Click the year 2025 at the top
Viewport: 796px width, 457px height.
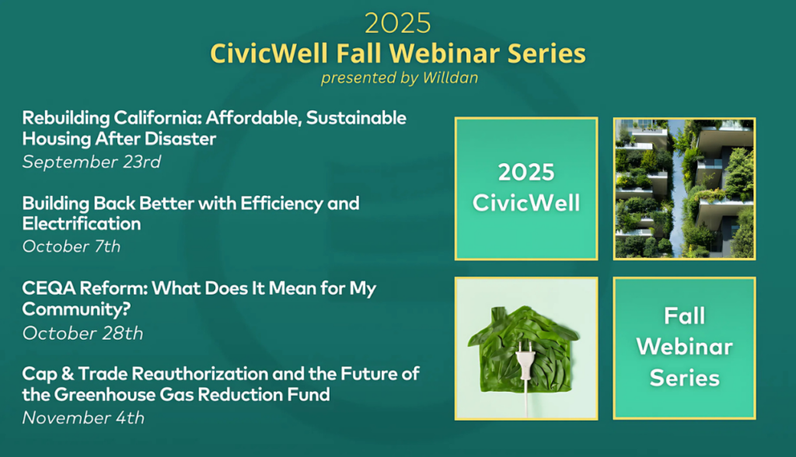[397, 23]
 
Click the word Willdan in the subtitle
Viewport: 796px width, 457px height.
[450, 78]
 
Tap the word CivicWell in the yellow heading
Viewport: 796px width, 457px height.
[269, 54]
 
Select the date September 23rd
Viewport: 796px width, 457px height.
[92, 162]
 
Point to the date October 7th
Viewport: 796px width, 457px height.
[72, 247]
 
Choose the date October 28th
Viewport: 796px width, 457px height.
[82, 333]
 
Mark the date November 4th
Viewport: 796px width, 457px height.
[83, 418]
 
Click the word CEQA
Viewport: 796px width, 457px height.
[49, 288]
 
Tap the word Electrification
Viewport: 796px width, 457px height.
[82, 224]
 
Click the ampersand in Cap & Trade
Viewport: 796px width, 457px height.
[68, 375]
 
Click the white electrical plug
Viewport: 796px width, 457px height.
[525, 361]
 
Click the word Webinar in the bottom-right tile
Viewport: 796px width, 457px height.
[684, 347]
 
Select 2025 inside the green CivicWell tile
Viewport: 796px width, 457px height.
[526, 173]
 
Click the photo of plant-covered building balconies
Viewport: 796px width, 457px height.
[684, 189]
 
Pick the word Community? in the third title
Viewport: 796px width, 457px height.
[76, 309]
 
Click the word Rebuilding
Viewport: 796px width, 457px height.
[66, 118]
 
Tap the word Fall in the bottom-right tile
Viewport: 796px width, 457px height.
[684, 316]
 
